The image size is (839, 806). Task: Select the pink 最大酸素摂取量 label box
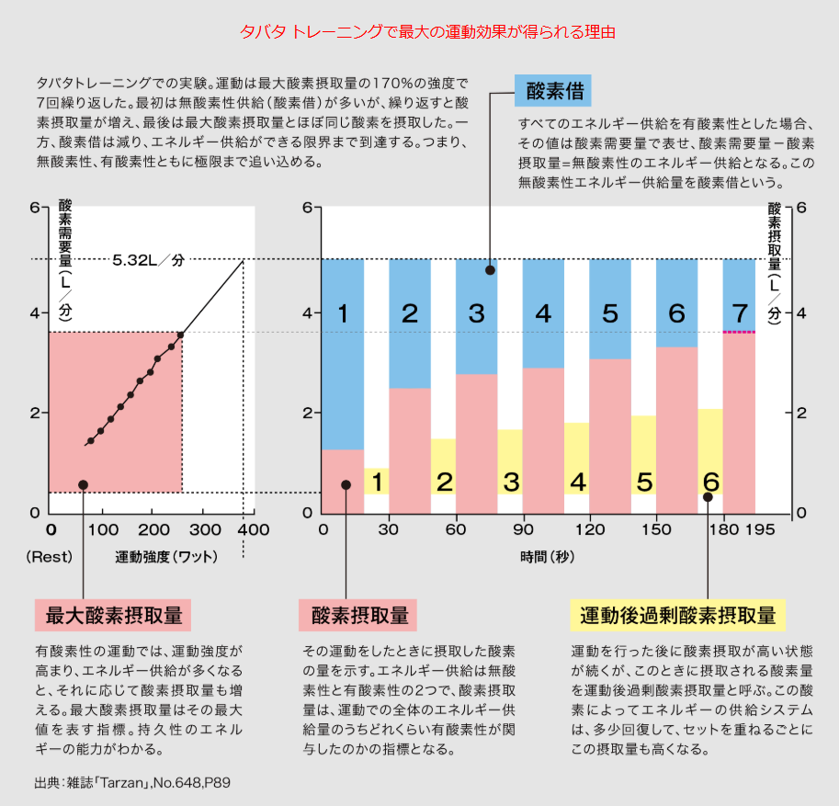[x=113, y=615]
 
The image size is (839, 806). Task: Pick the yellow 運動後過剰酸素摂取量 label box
[x=674, y=615]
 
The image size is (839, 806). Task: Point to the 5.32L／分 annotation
[x=148, y=260]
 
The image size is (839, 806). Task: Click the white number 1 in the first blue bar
[x=343, y=314]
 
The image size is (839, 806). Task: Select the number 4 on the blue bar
[x=543, y=314]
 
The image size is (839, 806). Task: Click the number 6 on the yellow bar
[x=710, y=482]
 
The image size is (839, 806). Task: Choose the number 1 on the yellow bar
[x=377, y=482]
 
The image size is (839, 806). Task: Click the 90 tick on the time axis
[x=523, y=530]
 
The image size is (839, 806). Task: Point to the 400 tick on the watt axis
[x=254, y=530]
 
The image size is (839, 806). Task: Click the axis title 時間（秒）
[x=545, y=557]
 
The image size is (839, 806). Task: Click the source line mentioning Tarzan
[x=131, y=783]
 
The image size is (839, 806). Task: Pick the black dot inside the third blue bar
[x=490, y=270]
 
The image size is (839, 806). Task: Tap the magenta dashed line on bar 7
[x=739, y=332]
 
